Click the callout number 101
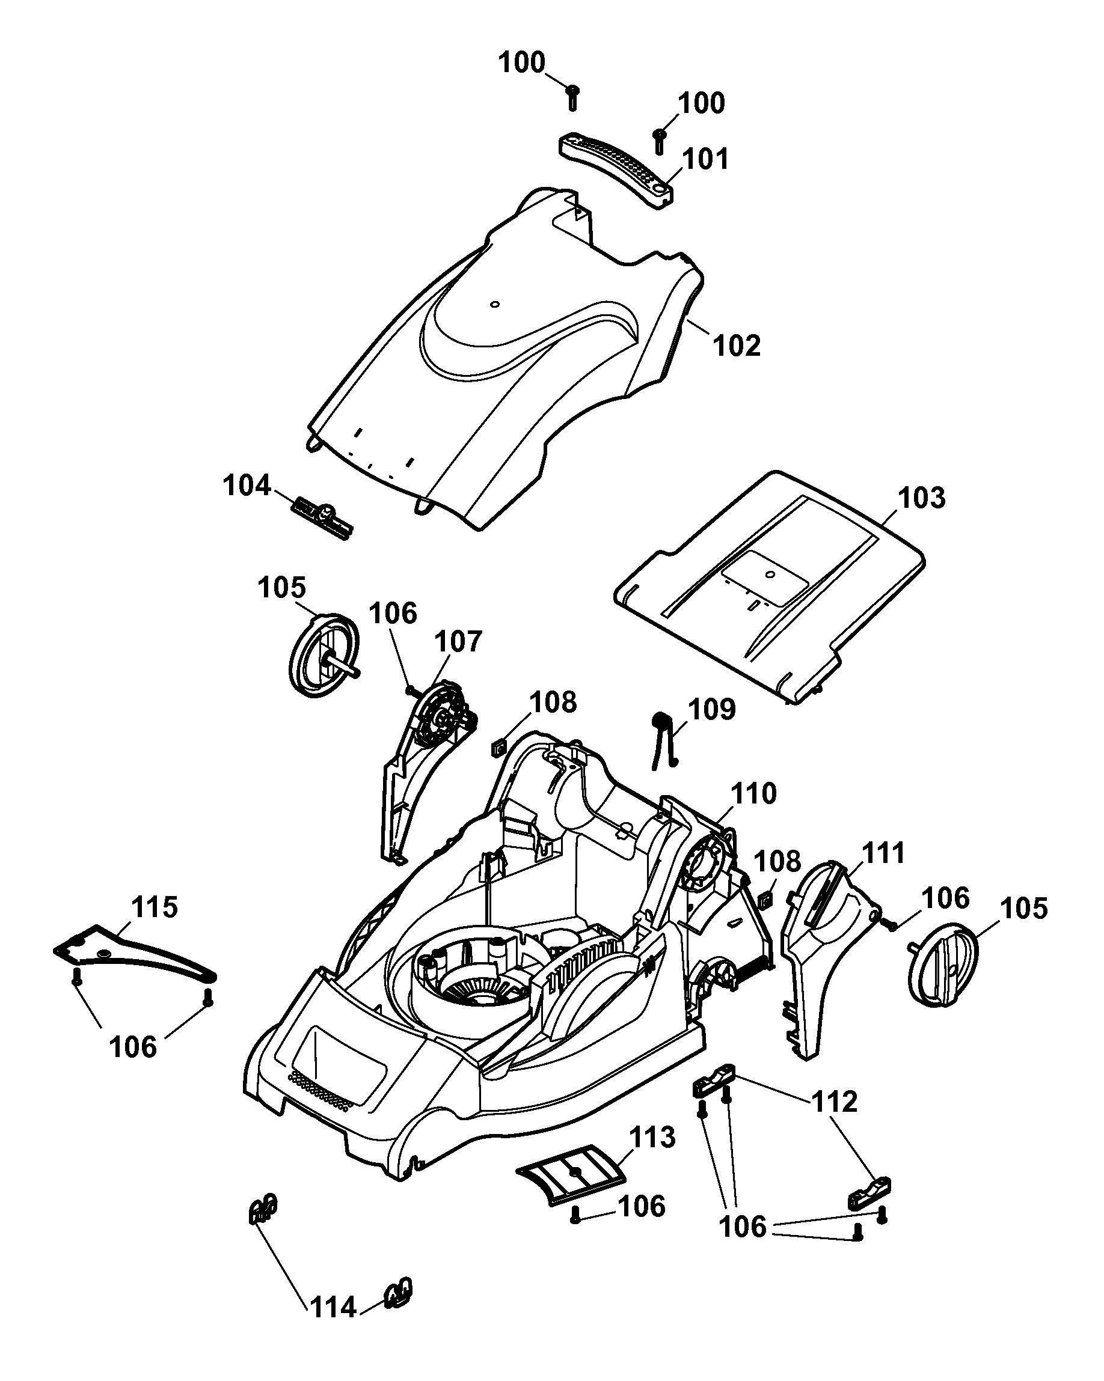coord(705,159)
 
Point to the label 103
coord(921,498)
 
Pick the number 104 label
coord(247,485)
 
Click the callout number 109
coord(711,709)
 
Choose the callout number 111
coord(882,853)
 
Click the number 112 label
coord(834,1102)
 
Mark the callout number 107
coord(458,641)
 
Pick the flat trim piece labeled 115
coord(135,953)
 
